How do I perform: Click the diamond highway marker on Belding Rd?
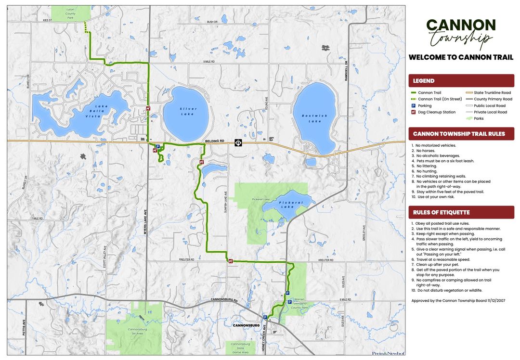238,142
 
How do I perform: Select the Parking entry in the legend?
425,105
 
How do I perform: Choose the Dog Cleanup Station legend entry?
436,112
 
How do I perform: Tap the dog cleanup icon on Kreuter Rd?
231,261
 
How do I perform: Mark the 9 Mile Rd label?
208,62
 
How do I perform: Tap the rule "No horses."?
426,151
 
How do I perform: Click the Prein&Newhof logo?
388,353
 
